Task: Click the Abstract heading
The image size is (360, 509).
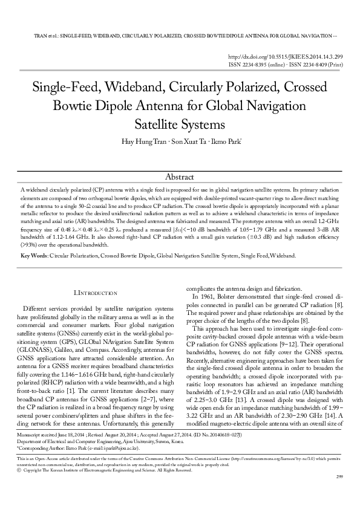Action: coord(180,177)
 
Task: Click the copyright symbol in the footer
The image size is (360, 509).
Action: coord(20,487)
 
